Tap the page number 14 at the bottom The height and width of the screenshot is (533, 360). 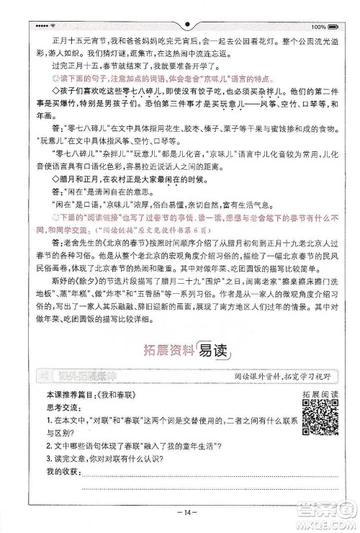tap(180, 512)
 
